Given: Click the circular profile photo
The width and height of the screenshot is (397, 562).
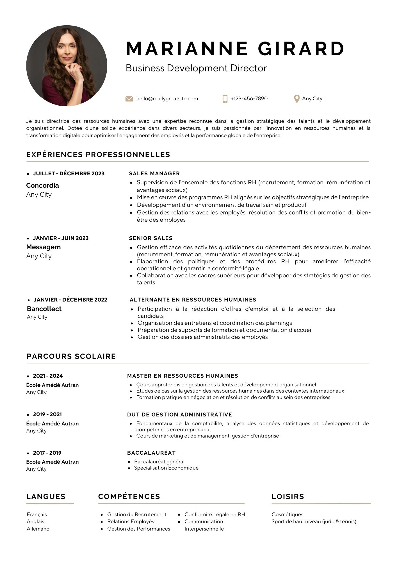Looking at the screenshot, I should (x=67, y=66).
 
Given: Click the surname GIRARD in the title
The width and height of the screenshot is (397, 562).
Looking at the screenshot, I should (x=301, y=49).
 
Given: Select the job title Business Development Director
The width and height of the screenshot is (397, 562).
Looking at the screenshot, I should (x=196, y=68).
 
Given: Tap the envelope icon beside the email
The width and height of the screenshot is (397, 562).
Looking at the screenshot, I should (x=129, y=99).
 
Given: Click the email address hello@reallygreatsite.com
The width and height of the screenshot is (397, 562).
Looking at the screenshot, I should (x=167, y=99).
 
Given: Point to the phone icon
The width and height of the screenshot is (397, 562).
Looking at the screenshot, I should (x=225, y=99).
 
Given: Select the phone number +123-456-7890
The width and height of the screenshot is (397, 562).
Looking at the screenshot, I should (x=249, y=99).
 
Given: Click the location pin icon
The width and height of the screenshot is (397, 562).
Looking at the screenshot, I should (x=296, y=99).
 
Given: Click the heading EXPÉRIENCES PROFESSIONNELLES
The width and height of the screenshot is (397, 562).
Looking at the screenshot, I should (x=98, y=155).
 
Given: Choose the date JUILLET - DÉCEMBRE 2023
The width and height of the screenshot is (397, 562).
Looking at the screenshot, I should (x=69, y=174).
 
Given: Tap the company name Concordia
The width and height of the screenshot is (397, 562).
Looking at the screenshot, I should (x=42, y=185).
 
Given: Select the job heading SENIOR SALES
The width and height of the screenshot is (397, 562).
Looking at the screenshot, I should (x=151, y=238).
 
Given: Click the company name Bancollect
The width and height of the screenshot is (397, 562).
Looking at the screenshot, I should (x=44, y=309).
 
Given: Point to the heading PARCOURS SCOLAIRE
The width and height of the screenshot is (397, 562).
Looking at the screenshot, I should (x=71, y=356).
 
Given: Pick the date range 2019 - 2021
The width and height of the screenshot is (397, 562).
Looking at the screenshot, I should (x=47, y=414).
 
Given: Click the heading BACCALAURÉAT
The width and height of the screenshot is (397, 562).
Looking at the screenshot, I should (x=151, y=453).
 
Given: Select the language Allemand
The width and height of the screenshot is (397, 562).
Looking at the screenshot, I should (x=38, y=529).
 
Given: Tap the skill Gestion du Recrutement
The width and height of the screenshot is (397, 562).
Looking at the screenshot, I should (x=137, y=515).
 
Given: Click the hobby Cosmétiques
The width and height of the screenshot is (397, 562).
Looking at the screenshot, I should (x=288, y=515).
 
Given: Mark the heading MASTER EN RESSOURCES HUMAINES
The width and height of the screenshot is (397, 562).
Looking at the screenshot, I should (x=182, y=376).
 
